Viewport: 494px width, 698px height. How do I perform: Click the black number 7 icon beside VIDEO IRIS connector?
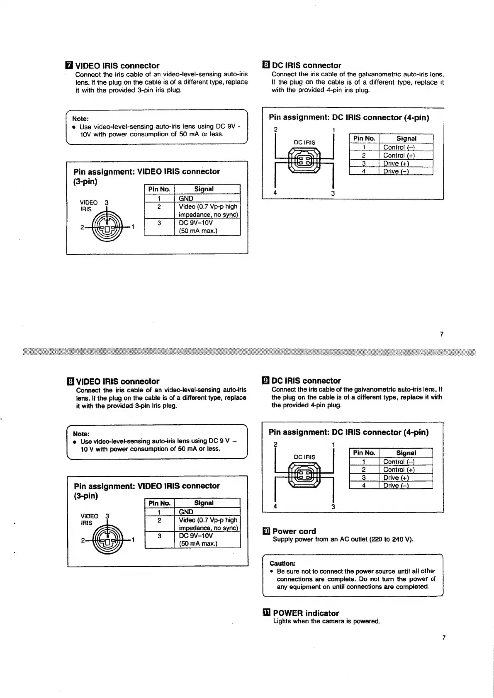coord(69,66)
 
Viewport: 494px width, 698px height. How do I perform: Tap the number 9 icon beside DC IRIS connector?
coord(266,381)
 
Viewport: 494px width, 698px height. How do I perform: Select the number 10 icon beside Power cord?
coord(266,531)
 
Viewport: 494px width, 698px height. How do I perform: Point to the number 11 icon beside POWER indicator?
coord(266,613)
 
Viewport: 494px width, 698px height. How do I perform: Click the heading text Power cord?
coord(294,531)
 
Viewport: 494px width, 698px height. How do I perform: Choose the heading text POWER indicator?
coord(306,613)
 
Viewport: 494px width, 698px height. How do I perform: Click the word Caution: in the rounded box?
coord(282,563)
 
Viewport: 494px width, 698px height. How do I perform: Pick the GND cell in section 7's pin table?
coord(186,198)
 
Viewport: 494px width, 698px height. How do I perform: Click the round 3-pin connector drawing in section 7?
coord(107,228)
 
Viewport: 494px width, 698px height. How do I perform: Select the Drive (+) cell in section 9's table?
coord(396,478)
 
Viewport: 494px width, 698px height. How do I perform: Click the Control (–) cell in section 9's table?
coord(399,462)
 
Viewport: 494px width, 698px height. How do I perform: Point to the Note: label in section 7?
coord(80,119)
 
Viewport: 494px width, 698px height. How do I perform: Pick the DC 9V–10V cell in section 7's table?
coord(196,223)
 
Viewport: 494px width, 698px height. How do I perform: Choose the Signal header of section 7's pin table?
coord(204,189)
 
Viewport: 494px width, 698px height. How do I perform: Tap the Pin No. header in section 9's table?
coord(364,453)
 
